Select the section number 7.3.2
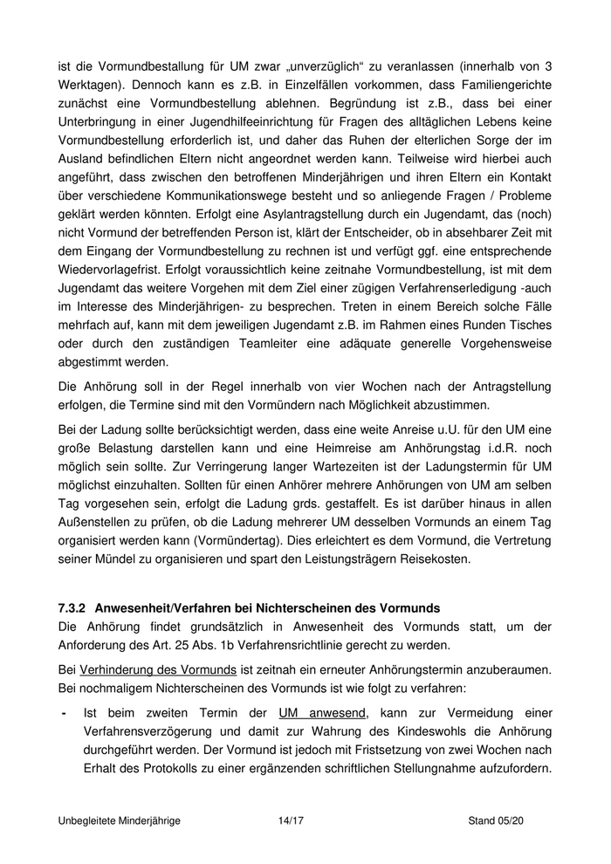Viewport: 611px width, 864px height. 72,607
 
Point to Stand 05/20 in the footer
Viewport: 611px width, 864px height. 496,821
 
